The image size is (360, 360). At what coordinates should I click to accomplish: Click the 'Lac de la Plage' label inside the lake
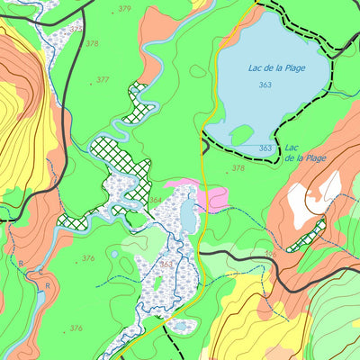(270, 68)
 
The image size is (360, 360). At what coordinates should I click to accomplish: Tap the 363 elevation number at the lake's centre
(265, 85)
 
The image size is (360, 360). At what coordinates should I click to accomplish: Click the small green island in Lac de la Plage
(241, 135)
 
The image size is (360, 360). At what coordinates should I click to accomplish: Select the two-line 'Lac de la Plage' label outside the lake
(303, 153)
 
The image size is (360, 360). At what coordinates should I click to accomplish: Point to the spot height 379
(123, 9)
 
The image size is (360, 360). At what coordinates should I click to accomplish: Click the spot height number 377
(103, 80)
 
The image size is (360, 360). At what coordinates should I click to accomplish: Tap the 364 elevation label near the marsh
(156, 201)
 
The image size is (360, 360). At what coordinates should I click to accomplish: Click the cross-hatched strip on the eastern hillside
(307, 238)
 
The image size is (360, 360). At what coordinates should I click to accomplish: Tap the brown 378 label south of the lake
(238, 168)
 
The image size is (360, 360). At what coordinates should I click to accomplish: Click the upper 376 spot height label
(88, 259)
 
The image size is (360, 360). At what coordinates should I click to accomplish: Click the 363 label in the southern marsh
(166, 265)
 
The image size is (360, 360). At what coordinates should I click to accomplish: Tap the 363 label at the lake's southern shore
(265, 148)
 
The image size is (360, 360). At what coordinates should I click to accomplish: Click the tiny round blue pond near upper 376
(115, 255)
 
